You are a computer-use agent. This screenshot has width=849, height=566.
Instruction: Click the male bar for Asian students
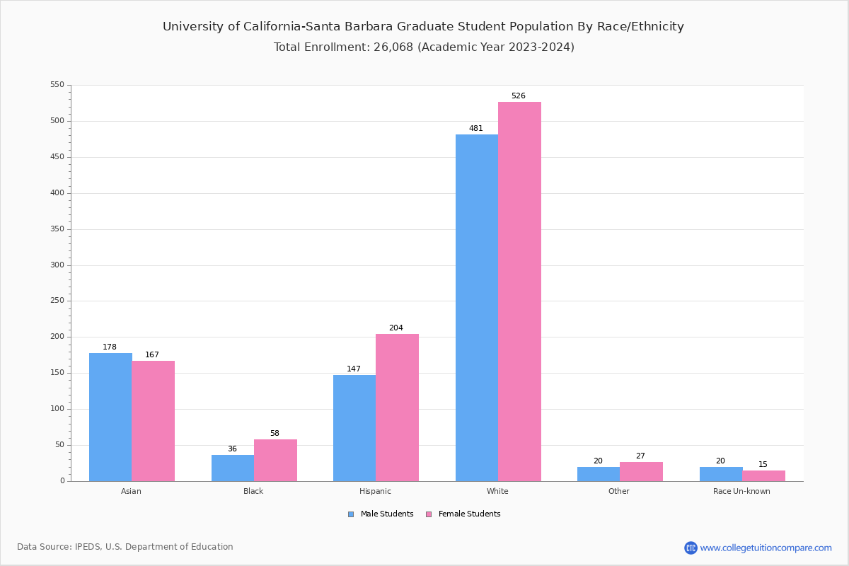[110, 417]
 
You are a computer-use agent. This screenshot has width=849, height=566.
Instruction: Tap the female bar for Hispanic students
[397, 408]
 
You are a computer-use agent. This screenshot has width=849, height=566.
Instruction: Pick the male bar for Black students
[233, 468]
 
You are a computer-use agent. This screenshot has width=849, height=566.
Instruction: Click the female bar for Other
[641, 471]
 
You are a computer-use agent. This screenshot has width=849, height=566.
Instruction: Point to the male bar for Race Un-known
[721, 474]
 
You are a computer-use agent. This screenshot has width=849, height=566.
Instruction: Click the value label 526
[519, 96]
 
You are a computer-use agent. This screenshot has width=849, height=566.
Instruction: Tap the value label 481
[476, 129]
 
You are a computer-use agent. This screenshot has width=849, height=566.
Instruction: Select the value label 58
[275, 433]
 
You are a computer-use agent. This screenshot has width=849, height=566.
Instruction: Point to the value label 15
[763, 465]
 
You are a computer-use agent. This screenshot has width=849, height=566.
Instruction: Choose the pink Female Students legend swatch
[429, 514]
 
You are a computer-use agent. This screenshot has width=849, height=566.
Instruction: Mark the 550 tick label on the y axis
[57, 85]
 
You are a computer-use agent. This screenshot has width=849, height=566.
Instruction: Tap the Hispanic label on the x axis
[375, 491]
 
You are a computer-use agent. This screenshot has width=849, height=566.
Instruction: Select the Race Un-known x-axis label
[741, 491]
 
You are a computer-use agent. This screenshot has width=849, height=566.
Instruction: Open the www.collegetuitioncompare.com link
[766, 548]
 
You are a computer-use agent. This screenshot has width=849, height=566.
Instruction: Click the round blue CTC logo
[691, 548]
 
